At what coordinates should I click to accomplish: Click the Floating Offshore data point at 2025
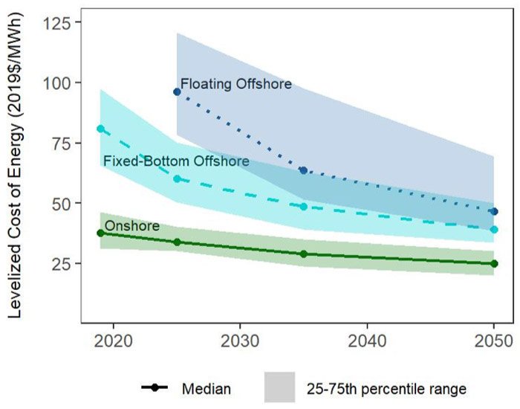pos(177,91)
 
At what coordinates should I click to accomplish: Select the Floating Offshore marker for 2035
pos(303,170)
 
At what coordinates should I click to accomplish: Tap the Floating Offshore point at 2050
pos(494,211)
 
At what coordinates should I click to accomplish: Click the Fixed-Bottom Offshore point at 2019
pos(100,129)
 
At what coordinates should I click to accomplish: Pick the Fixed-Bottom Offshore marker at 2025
pos(177,178)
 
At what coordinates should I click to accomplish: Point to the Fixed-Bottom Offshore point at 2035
pos(303,206)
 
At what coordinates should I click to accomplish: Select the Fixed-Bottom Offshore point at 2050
pos(494,230)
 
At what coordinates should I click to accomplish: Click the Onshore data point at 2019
pos(100,233)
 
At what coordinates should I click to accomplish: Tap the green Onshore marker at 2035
pos(303,254)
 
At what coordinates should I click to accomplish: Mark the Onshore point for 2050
pos(494,263)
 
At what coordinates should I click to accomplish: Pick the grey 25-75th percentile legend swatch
pos(280,387)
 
